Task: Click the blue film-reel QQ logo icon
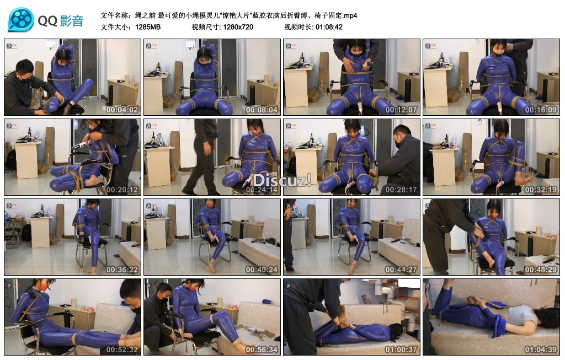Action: click(21, 20)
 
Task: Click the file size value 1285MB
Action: click(148, 27)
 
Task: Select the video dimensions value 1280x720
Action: click(238, 27)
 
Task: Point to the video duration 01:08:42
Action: click(329, 27)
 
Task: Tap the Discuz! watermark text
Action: click(282, 180)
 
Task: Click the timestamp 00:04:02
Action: click(122, 110)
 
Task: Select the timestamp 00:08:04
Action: click(262, 110)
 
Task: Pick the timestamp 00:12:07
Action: click(401, 110)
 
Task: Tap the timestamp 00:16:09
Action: click(541, 110)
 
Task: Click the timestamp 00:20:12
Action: click(122, 190)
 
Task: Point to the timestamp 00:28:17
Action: click(401, 190)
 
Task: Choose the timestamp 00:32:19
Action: click(541, 190)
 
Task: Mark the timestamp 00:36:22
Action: click(122, 270)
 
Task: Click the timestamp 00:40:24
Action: click(262, 270)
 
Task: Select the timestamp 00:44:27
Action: click(401, 270)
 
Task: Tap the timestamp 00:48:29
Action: click(541, 270)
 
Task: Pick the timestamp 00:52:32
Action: click(122, 350)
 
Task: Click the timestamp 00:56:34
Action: click(262, 350)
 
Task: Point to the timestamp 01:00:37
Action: click(401, 350)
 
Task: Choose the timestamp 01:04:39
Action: click(541, 350)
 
